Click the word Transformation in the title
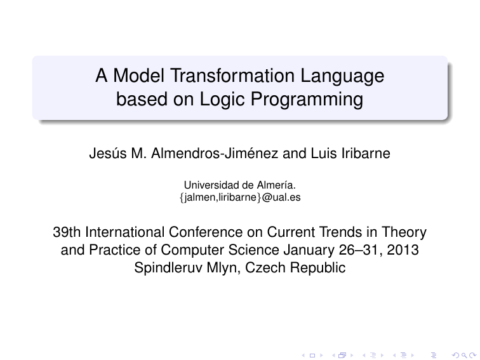click(x=232, y=76)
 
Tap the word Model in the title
click(x=138, y=76)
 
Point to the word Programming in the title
click(x=307, y=100)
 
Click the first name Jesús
click(x=107, y=154)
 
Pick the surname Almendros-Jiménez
click(x=215, y=154)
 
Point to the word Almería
click(x=276, y=185)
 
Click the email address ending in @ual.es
click(x=240, y=197)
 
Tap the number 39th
click(x=67, y=232)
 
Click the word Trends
click(x=341, y=232)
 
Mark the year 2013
click(x=403, y=250)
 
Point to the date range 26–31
click(x=360, y=250)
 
